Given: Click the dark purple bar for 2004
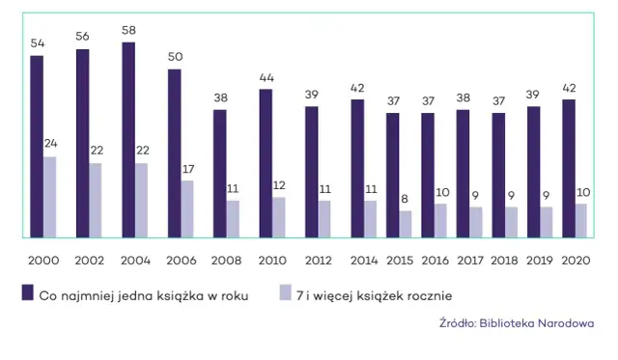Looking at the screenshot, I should coord(128,140).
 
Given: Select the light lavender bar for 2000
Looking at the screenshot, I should coord(50,197).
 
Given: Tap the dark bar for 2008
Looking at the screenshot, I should coord(220,174).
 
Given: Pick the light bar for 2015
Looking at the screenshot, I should coord(406,224).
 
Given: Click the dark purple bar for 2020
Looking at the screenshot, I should coord(569,168).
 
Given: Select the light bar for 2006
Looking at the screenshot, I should coord(187,208).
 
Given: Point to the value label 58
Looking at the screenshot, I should coord(128,32).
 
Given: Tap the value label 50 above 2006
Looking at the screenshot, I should coord(175,58).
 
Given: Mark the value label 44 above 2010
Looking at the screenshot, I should coord(266,78).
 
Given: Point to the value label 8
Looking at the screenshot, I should coord(406,200).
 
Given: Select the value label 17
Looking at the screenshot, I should coord(187,170).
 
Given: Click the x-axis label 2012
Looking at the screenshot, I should coord(318,261).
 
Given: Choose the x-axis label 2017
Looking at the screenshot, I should coord(469,261).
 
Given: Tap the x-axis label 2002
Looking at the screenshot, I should coord(89,261).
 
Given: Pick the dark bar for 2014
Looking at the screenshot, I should coord(357,168).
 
